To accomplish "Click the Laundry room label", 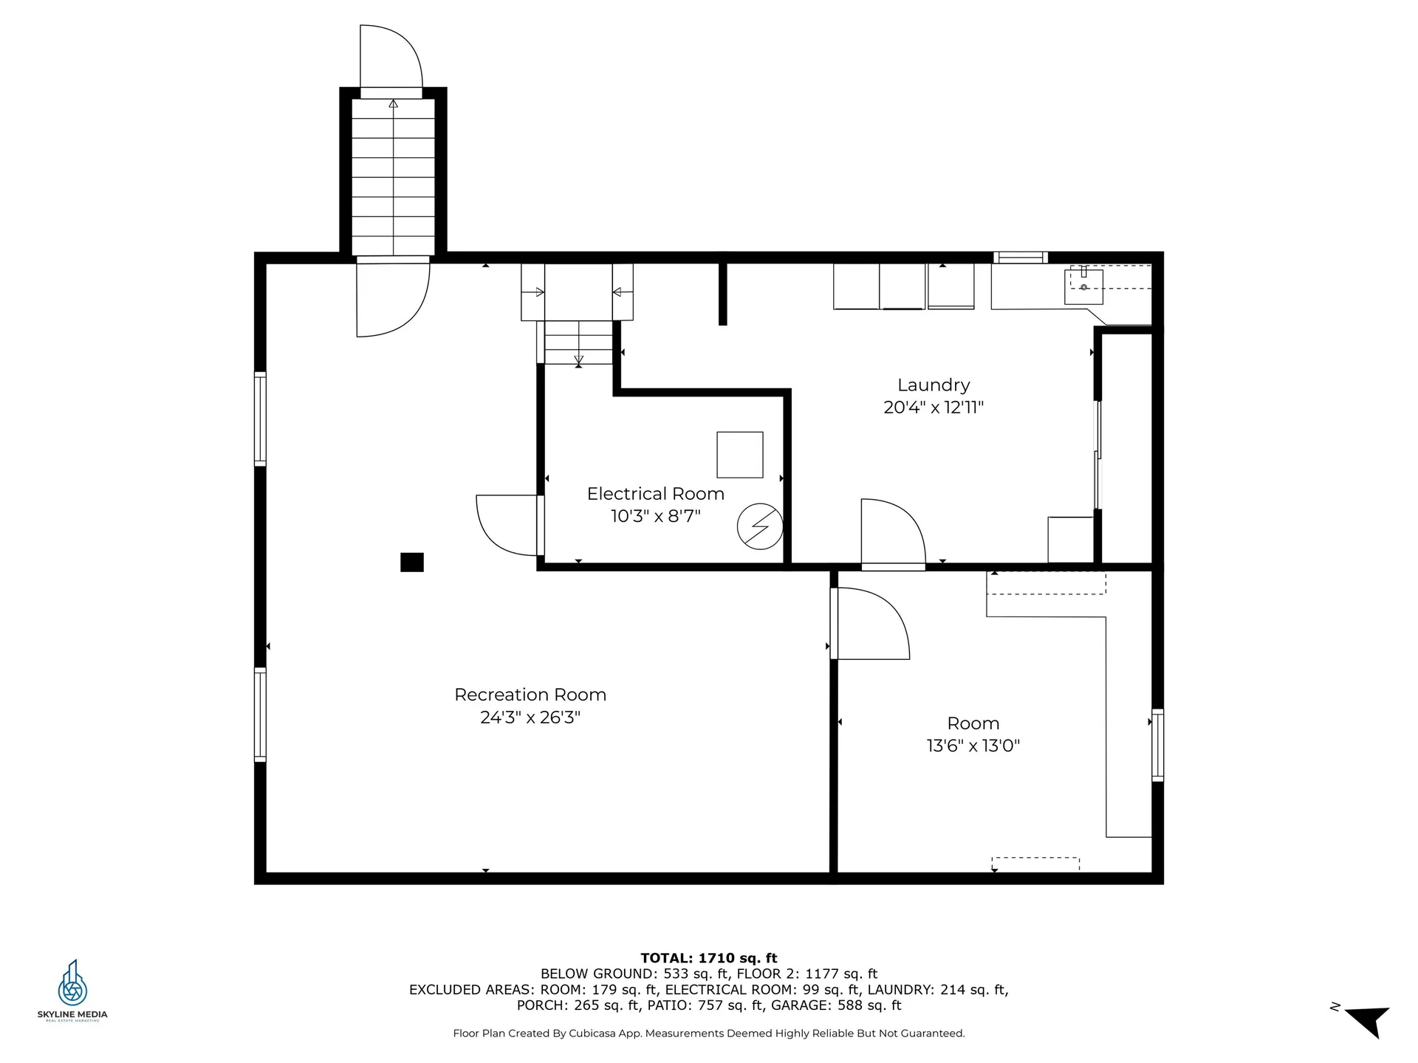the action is click(x=934, y=385).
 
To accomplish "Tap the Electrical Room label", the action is click(x=655, y=494).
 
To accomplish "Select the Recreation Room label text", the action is click(x=530, y=695).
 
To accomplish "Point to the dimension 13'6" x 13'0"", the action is click(x=973, y=746).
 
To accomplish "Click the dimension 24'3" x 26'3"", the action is click(x=530, y=717).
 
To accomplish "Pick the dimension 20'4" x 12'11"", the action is click(x=934, y=407).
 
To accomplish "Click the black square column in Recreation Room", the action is click(x=412, y=563).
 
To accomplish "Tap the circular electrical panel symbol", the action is click(x=760, y=526).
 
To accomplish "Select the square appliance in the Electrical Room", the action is click(x=740, y=455).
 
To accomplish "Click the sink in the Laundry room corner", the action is click(x=1083, y=286).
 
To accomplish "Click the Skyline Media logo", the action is click(x=72, y=990).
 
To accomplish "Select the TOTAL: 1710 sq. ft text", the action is click(x=709, y=958).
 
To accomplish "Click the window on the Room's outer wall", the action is click(x=1157, y=745).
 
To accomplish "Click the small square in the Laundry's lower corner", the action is click(x=1070, y=540).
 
